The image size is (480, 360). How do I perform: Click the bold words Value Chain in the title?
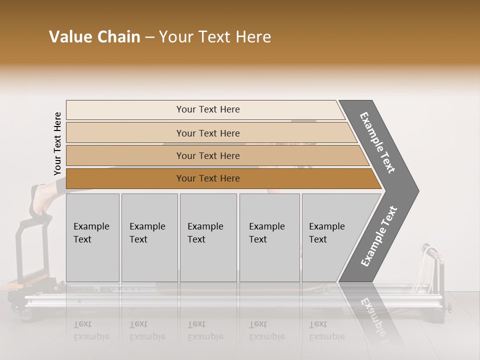click(94, 37)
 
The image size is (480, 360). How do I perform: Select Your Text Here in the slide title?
click(215, 37)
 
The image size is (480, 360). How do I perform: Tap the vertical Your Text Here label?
click(57, 144)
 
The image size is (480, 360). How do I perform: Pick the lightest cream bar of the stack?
click(207, 109)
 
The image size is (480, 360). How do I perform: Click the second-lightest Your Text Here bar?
click(207, 133)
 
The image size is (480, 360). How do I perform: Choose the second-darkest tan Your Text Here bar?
click(207, 156)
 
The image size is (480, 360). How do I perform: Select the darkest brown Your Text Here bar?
click(207, 178)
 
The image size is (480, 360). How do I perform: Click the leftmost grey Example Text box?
click(92, 237)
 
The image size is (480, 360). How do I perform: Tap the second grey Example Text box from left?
click(149, 237)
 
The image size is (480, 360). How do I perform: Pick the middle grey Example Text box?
click(208, 237)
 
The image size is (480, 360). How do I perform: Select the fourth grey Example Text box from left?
click(269, 237)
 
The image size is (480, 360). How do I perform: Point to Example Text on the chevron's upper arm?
click(377, 142)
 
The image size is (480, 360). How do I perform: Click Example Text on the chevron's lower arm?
click(379, 236)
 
